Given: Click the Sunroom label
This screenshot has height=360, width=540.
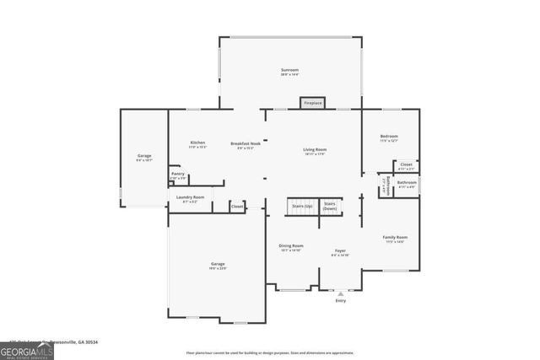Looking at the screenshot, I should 290,72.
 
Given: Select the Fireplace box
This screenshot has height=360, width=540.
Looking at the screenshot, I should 313,103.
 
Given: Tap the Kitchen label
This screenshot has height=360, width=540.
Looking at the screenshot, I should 198,144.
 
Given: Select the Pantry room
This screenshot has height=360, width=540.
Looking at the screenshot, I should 178,176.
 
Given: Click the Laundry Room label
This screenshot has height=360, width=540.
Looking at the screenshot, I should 190,199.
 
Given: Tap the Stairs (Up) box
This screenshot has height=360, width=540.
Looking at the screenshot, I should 302,207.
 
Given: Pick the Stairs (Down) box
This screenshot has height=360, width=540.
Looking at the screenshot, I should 330,207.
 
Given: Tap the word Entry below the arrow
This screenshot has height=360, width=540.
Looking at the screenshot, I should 341,300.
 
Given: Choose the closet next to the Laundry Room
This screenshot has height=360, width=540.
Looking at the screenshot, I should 237,206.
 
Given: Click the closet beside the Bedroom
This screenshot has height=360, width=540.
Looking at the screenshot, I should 406,166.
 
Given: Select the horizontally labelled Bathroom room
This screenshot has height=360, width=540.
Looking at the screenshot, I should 407,184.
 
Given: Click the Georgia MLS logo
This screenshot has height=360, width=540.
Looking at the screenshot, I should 27,349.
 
